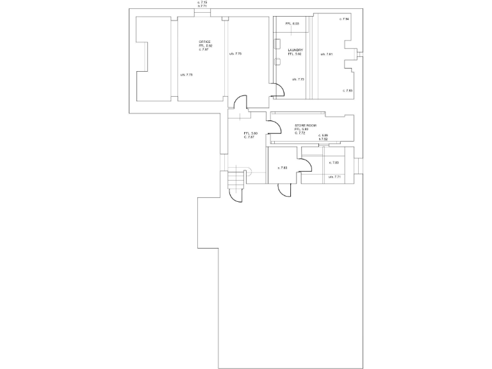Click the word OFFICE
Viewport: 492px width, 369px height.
coord(205,42)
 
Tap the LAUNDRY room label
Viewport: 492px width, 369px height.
coord(295,49)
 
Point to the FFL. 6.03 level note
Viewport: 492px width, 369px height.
coord(293,24)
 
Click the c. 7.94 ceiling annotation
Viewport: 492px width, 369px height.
coord(344,19)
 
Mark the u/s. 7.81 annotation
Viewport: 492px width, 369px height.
coord(327,54)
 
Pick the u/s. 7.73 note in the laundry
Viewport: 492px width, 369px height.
coord(298,79)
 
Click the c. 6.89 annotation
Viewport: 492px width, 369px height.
coord(323,135)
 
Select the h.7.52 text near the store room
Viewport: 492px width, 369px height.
coord(323,139)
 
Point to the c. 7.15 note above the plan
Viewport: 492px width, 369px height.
coord(202,2)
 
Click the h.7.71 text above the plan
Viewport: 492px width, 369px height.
coord(202,6)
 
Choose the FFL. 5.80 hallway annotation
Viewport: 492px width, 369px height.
coord(250,133)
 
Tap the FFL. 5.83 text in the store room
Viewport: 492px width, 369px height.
coord(302,129)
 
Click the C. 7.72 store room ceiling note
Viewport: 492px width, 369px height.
coord(300,133)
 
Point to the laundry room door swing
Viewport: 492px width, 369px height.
coord(277,92)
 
